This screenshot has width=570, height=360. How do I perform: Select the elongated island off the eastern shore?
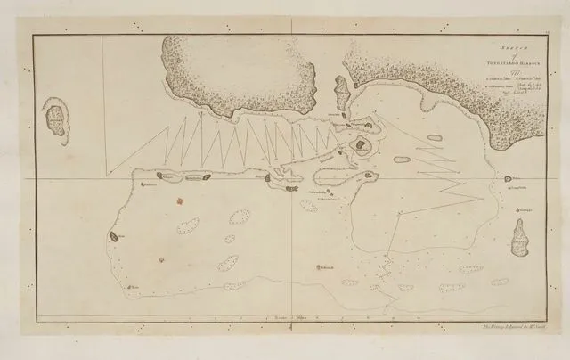pos(518,235)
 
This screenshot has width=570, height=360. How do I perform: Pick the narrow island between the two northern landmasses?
pos(341,89)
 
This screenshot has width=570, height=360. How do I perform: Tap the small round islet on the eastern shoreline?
pos(504,180)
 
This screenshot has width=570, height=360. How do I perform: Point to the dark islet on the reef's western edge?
pos(114,237)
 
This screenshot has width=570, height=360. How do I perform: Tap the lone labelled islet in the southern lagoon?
pos(319,266)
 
